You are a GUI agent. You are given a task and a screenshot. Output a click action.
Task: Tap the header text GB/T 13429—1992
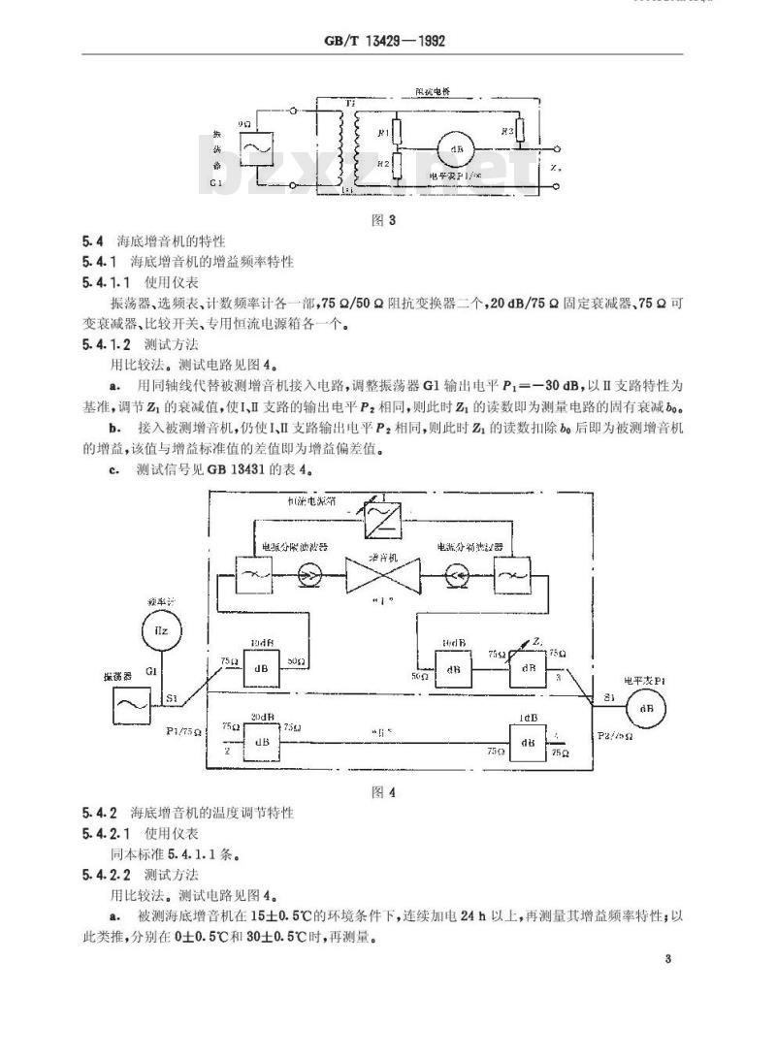pos(387,43)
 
